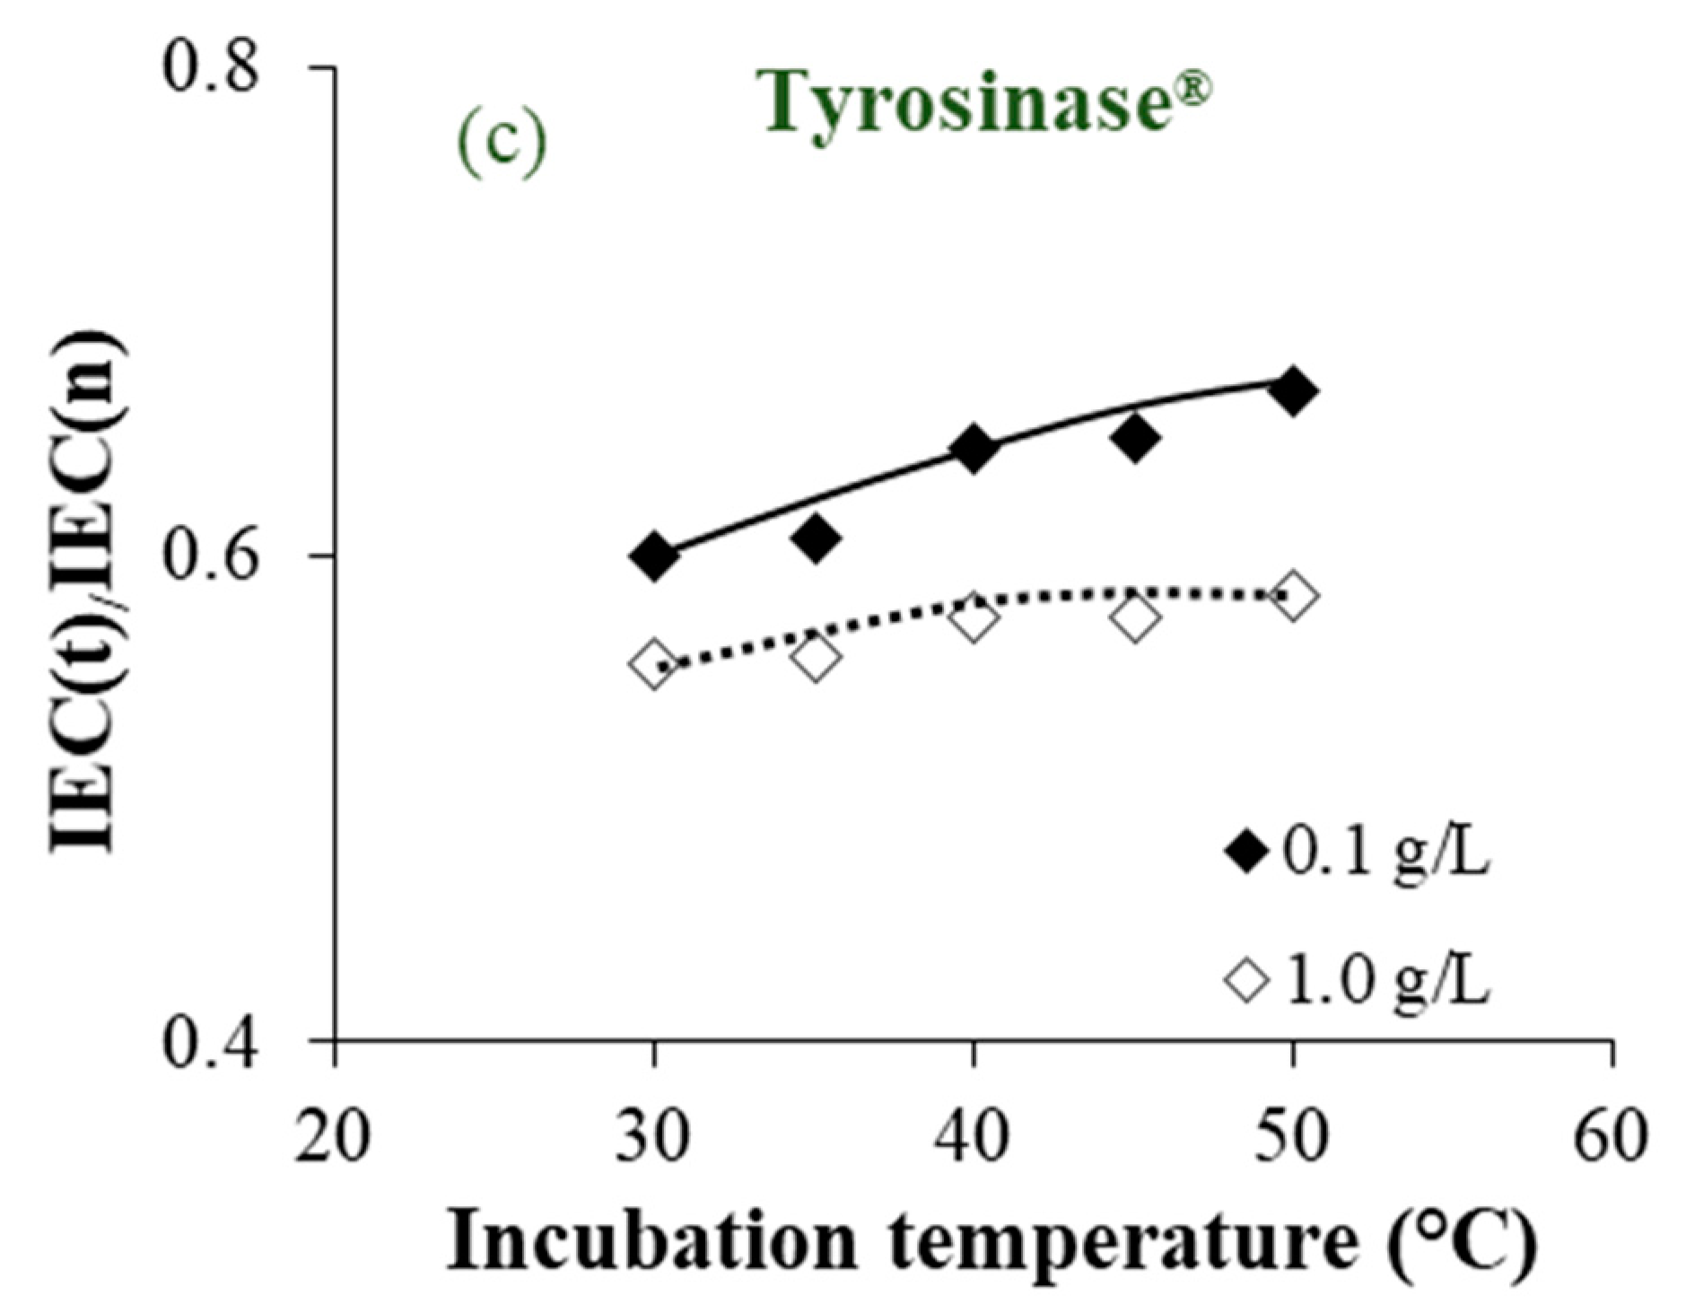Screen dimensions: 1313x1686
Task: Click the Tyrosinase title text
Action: click(987, 102)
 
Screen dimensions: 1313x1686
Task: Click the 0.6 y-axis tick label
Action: click(210, 556)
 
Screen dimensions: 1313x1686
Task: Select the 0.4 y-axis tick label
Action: click(210, 1042)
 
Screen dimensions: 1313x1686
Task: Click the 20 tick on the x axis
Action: click(334, 1136)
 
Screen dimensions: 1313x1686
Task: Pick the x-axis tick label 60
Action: click(1612, 1136)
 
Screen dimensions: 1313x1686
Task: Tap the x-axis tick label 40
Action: click(973, 1136)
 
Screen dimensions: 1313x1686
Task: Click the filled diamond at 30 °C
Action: click(654, 556)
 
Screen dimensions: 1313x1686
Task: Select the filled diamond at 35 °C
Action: click(815, 537)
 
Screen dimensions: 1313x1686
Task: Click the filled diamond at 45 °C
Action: click(1134, 437)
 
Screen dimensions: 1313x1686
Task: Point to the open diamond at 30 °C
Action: click(654, 664)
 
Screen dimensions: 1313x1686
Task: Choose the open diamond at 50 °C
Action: click(1293, 595)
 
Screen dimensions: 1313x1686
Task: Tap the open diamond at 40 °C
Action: click(973, 618)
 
